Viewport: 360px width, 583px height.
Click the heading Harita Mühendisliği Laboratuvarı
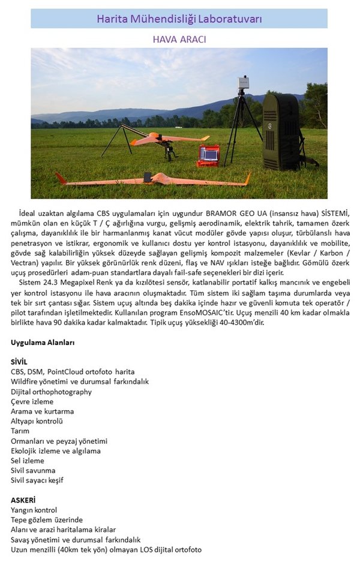click(179, 19)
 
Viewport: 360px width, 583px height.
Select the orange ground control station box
click(208, 155)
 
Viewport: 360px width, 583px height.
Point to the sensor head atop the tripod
click(243, 83)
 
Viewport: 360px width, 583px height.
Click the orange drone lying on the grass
click(153, 179)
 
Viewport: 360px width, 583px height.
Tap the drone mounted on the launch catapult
click(159, 139)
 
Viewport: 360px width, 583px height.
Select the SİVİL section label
click(19, 362)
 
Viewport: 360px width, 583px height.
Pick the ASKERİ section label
click(23, 500)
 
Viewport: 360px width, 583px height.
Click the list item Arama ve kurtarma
click(42, 411)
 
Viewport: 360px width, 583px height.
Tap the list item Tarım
click(20, 431)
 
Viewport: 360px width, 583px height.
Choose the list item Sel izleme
click(28, 460)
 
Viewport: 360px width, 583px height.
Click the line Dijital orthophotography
click(51, 392)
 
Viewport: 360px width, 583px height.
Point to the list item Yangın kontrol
click(34, 510)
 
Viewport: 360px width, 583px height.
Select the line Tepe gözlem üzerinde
click(46, 519)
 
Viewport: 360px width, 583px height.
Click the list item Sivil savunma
click(33, 470)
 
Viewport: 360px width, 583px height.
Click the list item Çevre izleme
click(32, 401)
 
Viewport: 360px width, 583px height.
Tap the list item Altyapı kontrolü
click(37, 421)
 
